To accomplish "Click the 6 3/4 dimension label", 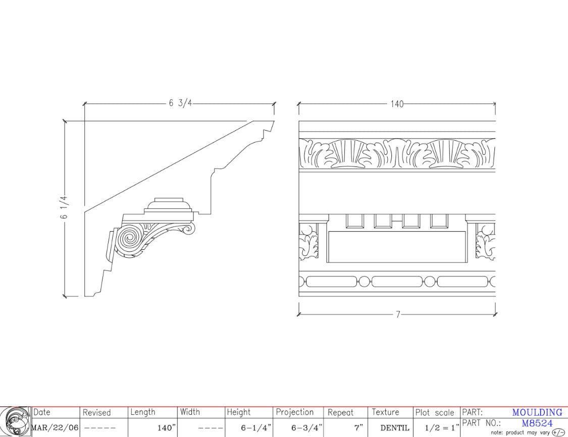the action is [180, 103].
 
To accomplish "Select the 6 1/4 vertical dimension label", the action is [64, 207].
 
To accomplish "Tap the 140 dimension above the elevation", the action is [397, 104].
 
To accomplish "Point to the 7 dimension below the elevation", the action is [398, 314].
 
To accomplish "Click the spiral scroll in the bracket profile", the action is [128, 239].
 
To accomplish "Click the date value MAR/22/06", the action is [55, 427].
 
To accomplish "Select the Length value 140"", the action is [167, 427].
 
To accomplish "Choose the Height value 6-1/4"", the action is [256, 427].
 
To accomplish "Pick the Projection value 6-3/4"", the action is [307, 427].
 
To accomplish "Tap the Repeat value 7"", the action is [358, 427].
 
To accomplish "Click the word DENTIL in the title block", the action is [394, 427].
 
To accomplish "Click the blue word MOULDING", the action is [537, 412].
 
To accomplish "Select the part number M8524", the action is [537, 423].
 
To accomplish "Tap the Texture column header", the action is [385, 412].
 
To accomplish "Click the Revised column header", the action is [96, 412].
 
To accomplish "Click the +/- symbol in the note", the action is [558, 432].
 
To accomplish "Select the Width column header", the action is [190, 412].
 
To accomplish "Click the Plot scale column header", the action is [435, 412].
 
